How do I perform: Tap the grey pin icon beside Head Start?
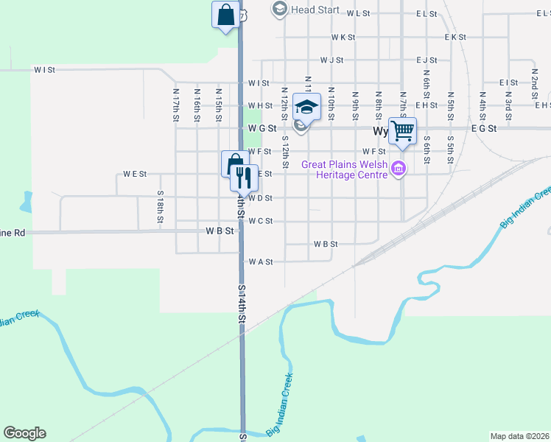point(279,10)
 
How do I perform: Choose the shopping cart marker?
point(402,132)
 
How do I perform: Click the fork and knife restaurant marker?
point(243,178)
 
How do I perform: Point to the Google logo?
point(24,433)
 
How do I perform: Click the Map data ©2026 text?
point(519,436)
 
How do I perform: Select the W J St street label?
point(331,60)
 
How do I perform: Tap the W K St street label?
point(343,37)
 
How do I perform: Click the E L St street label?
point(426,13)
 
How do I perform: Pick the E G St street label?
point(484,128)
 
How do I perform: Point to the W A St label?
point(261,262)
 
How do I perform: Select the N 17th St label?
point(176,105)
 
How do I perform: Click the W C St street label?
point(261,221)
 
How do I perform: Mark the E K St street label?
point(455,37)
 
